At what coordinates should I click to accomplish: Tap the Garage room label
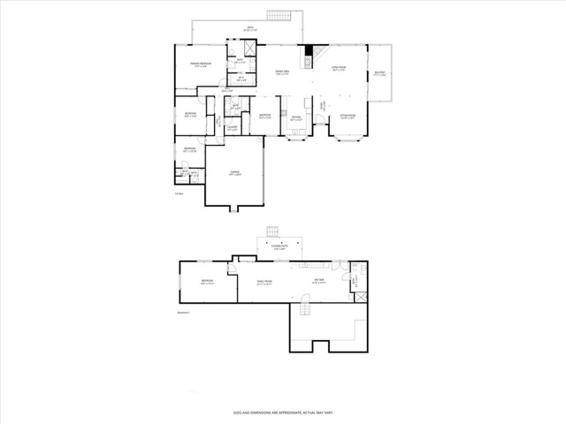point(234,174)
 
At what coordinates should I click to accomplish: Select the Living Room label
point(340,69)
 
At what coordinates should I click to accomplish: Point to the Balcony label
point(379,74)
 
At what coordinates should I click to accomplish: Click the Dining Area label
point(282,73)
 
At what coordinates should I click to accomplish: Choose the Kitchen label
point(295,118)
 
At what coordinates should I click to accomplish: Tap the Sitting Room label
point(348,116)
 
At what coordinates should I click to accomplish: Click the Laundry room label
point(232,129)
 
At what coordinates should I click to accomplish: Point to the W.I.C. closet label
point(241,79)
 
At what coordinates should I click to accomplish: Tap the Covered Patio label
point(279,248)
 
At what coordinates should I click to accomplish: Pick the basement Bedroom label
point(207,284)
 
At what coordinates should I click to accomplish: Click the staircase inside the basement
point(305,308)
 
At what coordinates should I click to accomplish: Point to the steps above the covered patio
point(274,231)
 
